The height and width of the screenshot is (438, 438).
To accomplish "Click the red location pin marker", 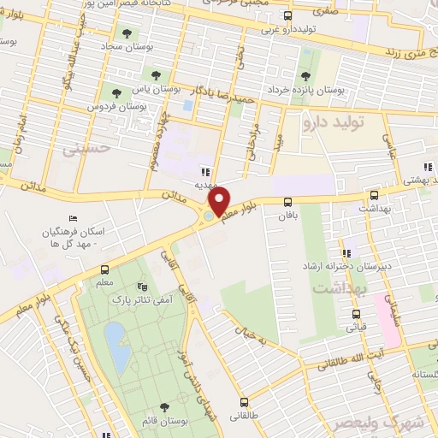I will (220, 200).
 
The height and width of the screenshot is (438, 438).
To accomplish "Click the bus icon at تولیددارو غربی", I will (288, 15).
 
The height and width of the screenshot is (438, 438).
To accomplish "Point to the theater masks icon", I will (142, 287).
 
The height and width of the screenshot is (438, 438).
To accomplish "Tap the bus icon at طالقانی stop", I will (245, 402).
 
